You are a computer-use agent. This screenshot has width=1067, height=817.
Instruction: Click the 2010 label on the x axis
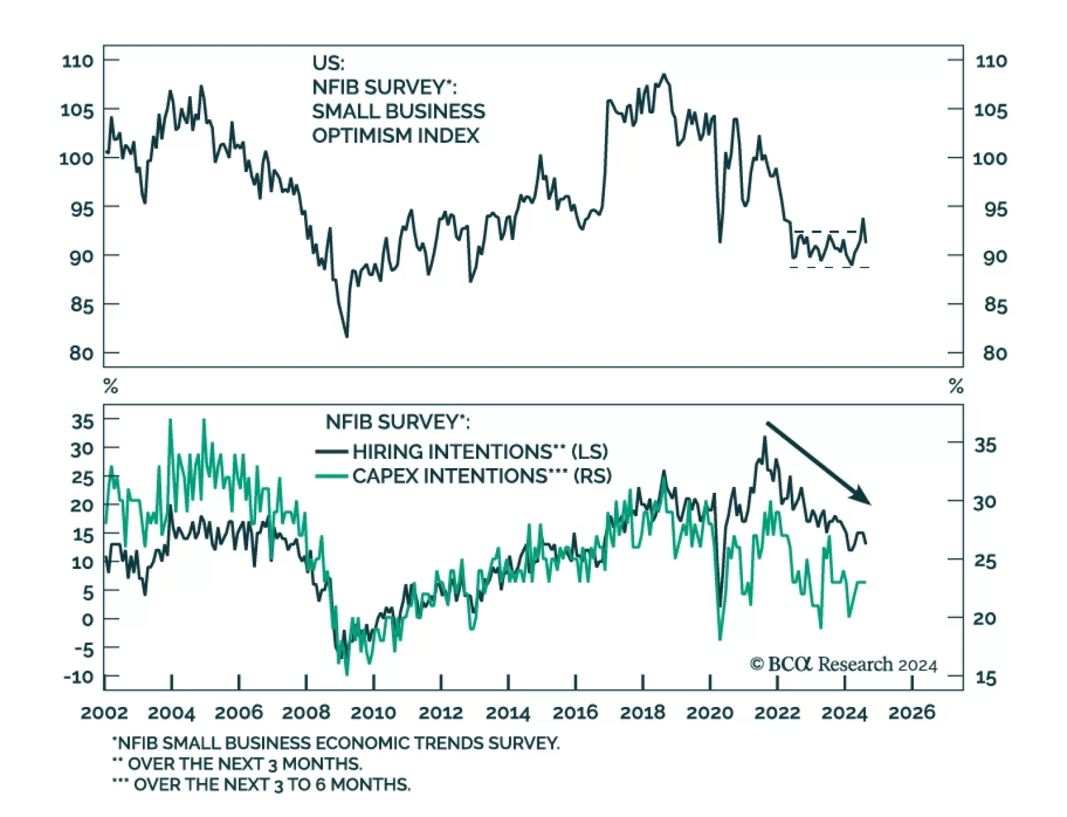[x=373, y=713]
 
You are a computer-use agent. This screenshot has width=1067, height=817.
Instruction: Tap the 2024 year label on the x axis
[x=844, y=713]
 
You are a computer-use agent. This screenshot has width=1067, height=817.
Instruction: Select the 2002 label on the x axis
[x=104, y=713]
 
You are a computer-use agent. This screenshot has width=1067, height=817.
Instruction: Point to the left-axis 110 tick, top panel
[x=77, y=61]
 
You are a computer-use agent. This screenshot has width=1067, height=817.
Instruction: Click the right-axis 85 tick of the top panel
[x=994, y=305]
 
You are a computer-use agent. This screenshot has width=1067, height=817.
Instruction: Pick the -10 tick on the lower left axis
[x=79, y=676]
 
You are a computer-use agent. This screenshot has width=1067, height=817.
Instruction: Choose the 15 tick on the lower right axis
[x=986, y=678]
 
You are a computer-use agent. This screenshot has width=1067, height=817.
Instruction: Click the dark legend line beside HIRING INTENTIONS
[x=331, y=452]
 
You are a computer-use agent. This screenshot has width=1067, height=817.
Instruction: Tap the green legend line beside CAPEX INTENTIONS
[x=331, y=476]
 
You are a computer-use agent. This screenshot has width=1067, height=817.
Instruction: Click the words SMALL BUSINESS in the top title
[x=398, y=111]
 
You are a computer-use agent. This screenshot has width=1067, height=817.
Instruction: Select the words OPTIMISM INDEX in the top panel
[x=395, y=135]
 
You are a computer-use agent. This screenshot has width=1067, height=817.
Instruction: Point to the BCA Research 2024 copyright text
[x=844, y=664]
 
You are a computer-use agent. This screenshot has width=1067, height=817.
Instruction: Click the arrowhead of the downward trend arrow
[x=864, y=499]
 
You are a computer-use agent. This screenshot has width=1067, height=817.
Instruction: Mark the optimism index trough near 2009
[x=347, y=335]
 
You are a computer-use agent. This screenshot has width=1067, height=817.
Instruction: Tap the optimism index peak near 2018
[x=664, y=75]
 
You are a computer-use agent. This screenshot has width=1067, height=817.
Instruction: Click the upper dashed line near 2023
[x=827, y=231]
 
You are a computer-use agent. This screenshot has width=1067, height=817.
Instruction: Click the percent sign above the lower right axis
[x=956, y=386]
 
